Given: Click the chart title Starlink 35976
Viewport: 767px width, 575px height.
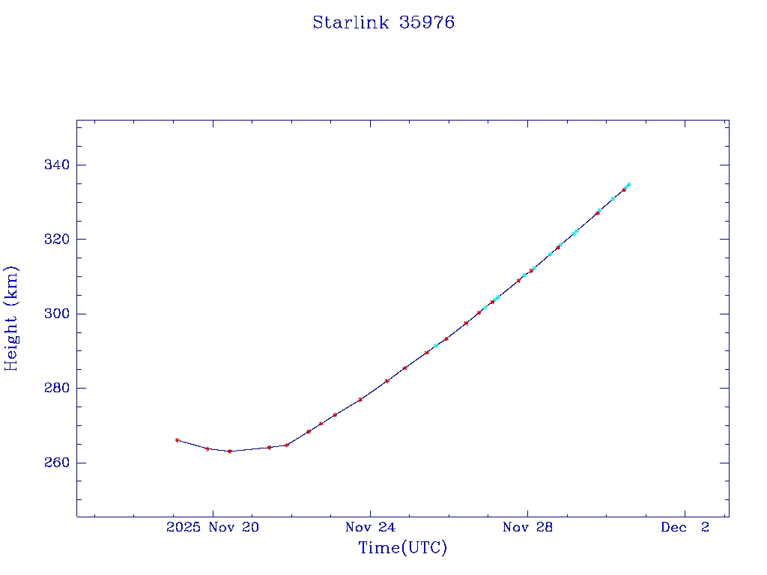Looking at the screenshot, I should [383, 23].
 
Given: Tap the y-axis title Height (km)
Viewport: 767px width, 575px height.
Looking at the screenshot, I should [11, 318].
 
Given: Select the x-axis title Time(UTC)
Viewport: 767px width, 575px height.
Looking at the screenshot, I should [402, 548].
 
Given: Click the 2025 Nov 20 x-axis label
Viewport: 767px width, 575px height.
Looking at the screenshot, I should [213, 528].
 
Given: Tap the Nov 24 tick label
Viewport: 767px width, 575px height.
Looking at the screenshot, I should [370, 528].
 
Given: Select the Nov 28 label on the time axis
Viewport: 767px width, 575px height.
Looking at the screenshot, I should [527, 528].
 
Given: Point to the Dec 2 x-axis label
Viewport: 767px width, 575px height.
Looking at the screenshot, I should [685, 528].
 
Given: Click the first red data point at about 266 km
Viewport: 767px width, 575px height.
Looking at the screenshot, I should [177, 440].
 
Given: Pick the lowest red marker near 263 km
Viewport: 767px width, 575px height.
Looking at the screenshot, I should [229, 451].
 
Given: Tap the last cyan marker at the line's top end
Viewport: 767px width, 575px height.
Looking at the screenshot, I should [628, 184].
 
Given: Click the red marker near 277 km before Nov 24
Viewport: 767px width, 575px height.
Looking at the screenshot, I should [360, 399].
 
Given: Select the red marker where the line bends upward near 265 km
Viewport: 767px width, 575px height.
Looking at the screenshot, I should [286, 445].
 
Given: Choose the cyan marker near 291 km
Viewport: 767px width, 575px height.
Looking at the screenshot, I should [435, 346].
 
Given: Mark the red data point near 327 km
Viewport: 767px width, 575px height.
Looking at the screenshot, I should [597, 213].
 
